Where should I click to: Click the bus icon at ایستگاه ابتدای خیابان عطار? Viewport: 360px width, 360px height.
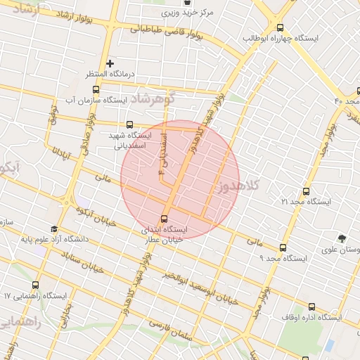pyautogui.click(x=165, y=218)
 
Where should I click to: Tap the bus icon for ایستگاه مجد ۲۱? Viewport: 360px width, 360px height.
pyautogui.click(x=305, y=191)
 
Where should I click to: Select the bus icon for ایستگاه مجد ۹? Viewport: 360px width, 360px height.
pyautogui.click(x=283, y=247)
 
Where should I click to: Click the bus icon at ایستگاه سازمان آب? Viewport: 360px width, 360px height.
pyautogui.click(x=96, y=89)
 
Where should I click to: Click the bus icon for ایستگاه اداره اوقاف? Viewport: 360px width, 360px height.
pyautogui.click(x=311, y=306)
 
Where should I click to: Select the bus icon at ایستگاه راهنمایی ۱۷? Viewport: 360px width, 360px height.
pyautogui.click(x=35, y=285)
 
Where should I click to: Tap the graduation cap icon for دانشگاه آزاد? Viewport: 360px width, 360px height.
pyautogui.click(x=55, y=229)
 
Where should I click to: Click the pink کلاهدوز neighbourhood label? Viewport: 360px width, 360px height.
pyautogui.click(x=240, y=186)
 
